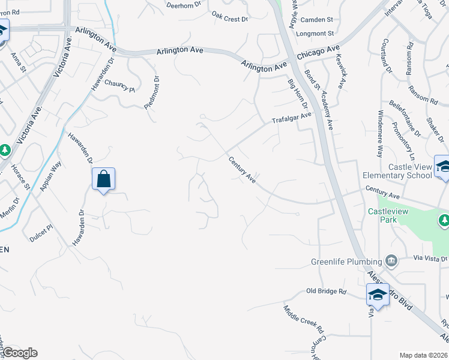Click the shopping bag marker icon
pyautogui.click(x=103, y=179)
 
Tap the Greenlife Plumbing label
pyautogui.click(x=346, y=262)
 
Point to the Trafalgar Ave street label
pyautogui.click(x=292, y=118)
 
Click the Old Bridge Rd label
pyautogui.click(x=327, y=291)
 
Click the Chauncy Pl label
pyautogui.click(x=120, y=86)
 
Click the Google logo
pyautogui.click(x=19, y=353)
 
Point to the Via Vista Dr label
pyautogui.click(x=431, y=258)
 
